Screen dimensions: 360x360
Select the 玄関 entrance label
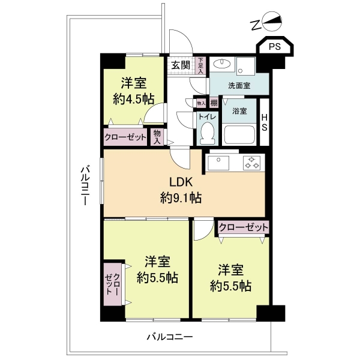[x=179, y=65]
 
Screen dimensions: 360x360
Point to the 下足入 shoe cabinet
[x=200, y=64]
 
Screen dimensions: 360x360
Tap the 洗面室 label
[x=238, y=86]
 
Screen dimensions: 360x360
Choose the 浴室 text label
[x=232, y=111]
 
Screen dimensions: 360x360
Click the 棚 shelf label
[x=214, y=103]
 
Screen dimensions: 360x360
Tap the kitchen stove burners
[x=251, y=163]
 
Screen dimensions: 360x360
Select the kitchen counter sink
[x=220, y=163]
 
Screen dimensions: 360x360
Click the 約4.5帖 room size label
[x=133, y=99]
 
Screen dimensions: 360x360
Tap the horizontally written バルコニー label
[x=170, y=338]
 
